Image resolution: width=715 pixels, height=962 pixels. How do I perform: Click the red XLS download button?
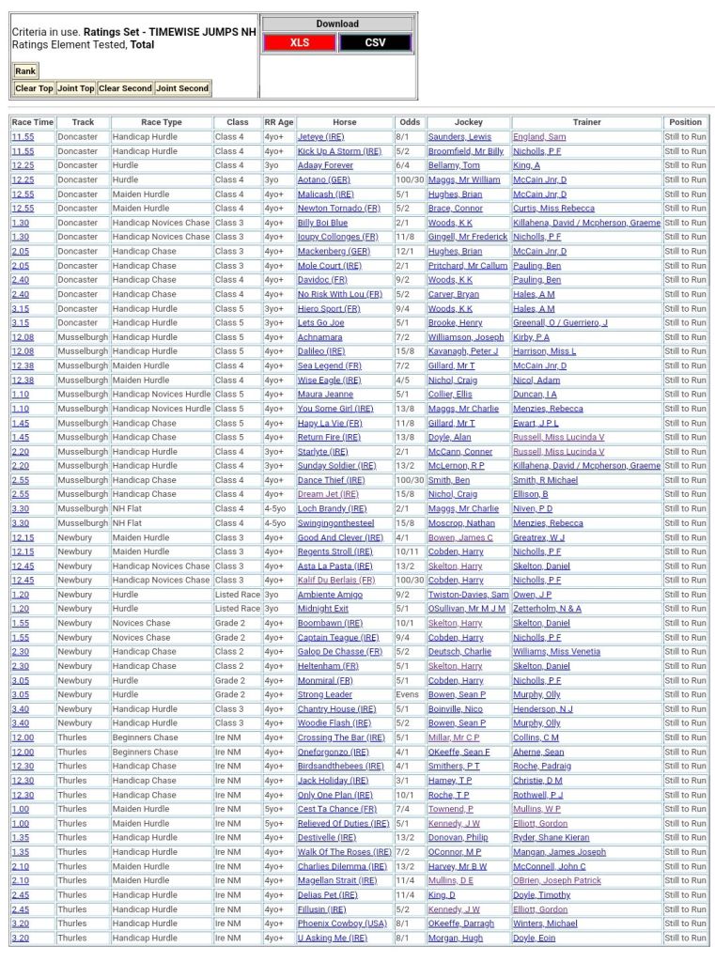coord(299,42)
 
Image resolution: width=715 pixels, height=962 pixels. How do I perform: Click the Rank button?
coord(25,71)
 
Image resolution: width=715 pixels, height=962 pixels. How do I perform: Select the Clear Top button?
coord(34,88)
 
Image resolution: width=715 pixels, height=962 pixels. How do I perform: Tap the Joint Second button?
coord(182,88)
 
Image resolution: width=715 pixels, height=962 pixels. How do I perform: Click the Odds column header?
coord(410,122)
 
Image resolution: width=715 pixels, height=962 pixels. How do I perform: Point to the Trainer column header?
coord(586,122)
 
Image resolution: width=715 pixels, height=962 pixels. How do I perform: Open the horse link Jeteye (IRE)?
coord(320,137)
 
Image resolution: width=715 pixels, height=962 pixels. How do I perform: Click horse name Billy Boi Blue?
coord(322,223)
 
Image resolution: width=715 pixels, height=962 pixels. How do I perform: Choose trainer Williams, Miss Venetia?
coord(556,651)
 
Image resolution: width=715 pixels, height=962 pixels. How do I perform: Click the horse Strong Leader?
coord(324,694)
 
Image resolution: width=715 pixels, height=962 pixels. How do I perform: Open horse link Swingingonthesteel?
coord(335,523)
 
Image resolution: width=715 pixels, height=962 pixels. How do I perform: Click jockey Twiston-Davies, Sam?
coord(468,595)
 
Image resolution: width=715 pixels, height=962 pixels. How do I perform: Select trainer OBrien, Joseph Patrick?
coord(557,880)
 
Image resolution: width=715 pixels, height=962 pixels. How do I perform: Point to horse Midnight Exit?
coord(323,609)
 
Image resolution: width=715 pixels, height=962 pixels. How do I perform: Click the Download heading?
coord(337,23)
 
